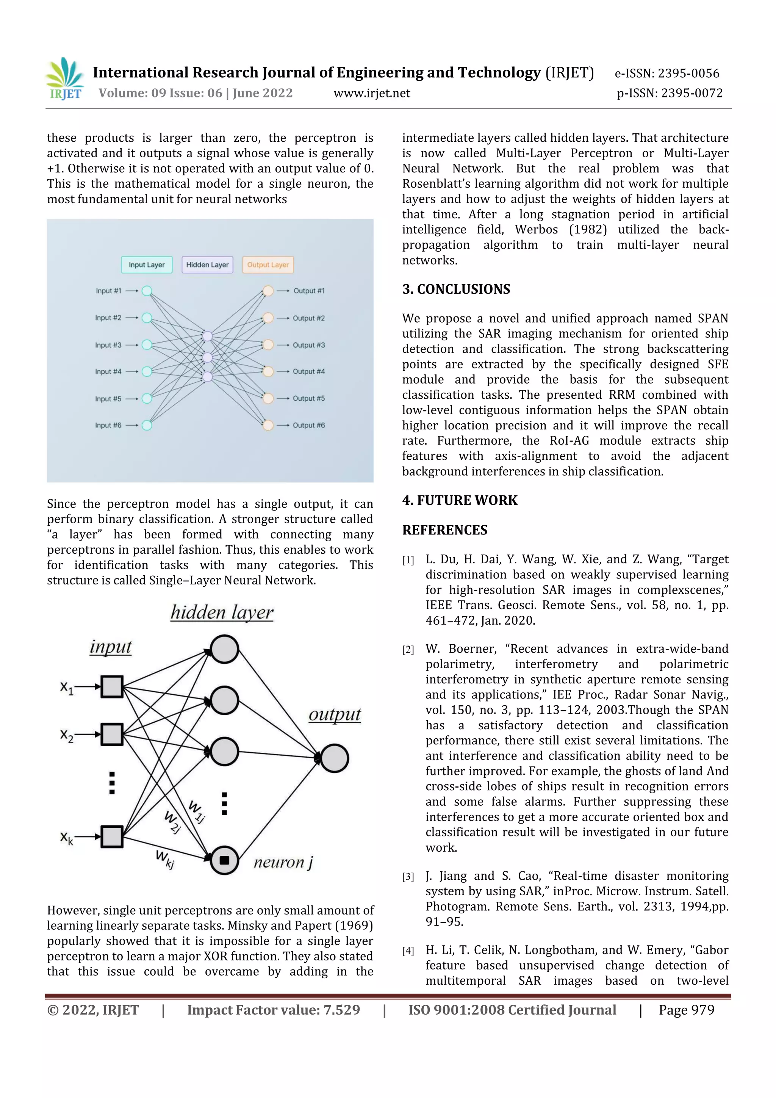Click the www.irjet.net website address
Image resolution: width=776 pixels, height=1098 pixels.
tap(371, 93)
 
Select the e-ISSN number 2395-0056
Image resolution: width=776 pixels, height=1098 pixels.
tap(666, 73)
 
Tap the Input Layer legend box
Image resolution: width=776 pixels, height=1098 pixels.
tap(146, 265)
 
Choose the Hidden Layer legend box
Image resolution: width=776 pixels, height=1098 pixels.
tap(207, 265)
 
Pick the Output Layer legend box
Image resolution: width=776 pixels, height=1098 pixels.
tap(268, 265)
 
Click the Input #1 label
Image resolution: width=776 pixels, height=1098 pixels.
tap(108, 291)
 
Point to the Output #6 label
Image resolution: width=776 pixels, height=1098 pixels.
tap(308, 425)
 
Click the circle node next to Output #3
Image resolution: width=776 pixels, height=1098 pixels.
tap(268, 345)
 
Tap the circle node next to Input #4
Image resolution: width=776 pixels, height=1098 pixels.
tap(147, 371)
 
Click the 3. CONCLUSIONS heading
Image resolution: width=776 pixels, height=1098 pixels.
tap(456, 289)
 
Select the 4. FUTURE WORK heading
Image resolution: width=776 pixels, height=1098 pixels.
tap(460, 500)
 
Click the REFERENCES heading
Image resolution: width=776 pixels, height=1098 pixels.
tap(445, 530)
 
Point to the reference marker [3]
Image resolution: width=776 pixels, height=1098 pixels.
tap(408, 877)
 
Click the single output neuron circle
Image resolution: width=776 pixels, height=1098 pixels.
tap(334, 758)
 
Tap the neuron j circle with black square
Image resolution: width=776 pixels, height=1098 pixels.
tap(224, 860)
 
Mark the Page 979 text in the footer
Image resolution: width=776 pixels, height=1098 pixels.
tap(686, 1010)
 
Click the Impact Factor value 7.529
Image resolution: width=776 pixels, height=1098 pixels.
tap(274, 1010)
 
